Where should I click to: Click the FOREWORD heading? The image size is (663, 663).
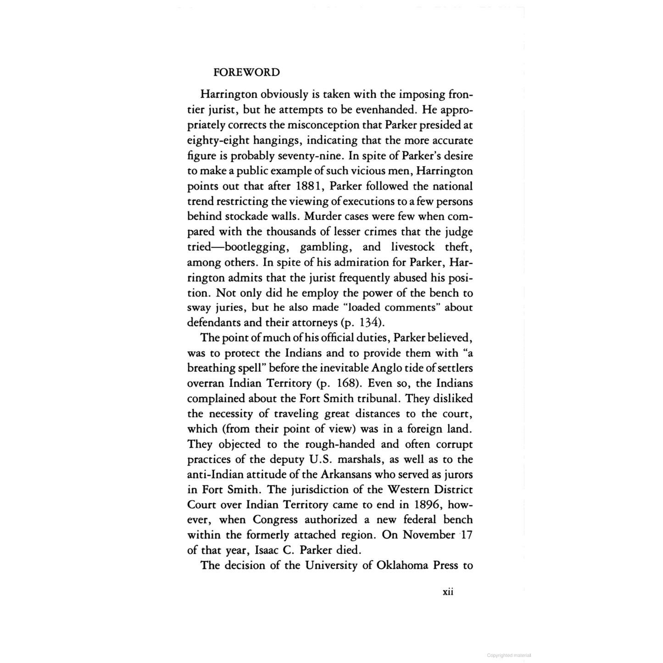[246, 72]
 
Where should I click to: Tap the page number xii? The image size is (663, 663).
[448, 591]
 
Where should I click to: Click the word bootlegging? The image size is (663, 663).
[250, 247]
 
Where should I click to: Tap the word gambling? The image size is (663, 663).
[325, 247]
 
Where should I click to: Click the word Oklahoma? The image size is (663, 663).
[402, 565]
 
